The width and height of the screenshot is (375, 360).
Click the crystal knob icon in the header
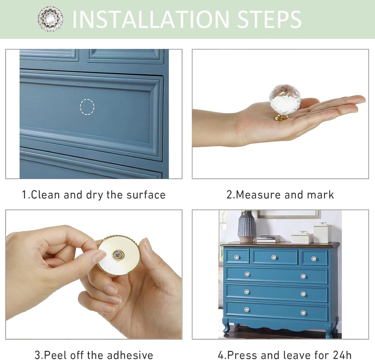[50, 19]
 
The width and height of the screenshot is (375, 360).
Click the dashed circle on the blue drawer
[87, 107]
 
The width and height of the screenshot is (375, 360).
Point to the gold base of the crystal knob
[282, 117]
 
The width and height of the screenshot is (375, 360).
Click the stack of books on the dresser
[268, 239]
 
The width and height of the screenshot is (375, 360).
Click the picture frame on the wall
[288, 214]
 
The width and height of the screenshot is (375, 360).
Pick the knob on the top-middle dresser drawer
[274, 257]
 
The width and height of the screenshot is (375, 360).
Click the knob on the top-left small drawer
[237, 257]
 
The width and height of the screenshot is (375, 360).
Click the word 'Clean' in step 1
[45, 195]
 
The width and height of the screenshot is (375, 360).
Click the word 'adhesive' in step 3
[131, 355]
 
